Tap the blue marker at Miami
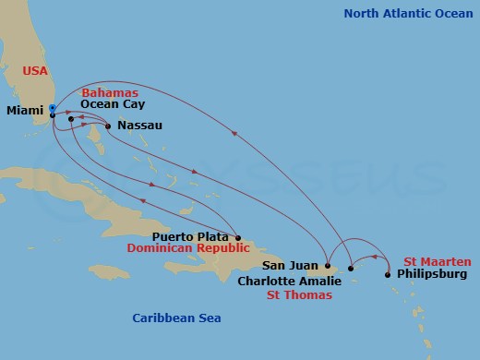53,109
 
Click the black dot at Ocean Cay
71,118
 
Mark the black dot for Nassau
109,126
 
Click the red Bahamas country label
109,93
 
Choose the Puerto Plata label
197,236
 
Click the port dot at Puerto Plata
238,237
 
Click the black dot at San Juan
327,266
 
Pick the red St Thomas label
299,294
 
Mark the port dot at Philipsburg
388,274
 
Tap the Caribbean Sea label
176,318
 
